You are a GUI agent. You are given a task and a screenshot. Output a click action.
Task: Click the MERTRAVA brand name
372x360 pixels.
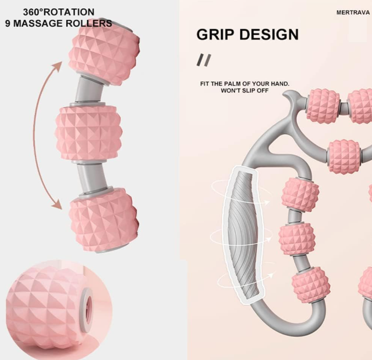(x=353, y=13)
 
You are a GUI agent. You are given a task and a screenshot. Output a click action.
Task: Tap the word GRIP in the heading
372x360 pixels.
(x=216, y=35)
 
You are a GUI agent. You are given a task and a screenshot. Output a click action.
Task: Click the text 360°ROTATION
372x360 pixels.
(x=58, y=12)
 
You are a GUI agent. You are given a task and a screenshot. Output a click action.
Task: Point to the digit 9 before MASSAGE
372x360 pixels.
(x=8, y=24)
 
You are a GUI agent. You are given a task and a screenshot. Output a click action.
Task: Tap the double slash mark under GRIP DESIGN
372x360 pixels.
(x=203, y=60)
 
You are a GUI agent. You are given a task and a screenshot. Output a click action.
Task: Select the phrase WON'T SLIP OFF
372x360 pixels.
(x=245, y=90)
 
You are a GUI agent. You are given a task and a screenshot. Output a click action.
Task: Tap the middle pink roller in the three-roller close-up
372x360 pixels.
(x=89, y=133)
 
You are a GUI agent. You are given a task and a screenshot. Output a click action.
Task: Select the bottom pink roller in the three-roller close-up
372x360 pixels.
(x=104, y=219)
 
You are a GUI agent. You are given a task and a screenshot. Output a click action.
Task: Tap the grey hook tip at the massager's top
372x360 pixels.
(x=286, y=94)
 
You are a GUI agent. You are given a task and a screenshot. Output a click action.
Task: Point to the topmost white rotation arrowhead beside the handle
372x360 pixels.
(x=267, y=202)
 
